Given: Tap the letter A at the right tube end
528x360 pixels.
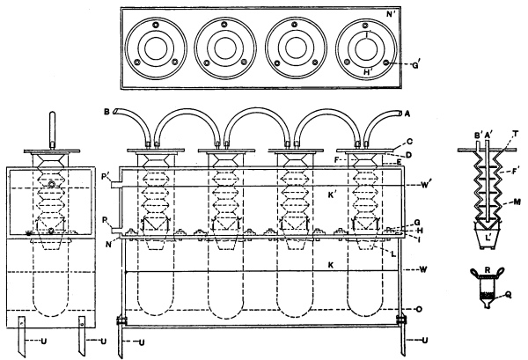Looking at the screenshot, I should pyautogui.click(x=406, y=113).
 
